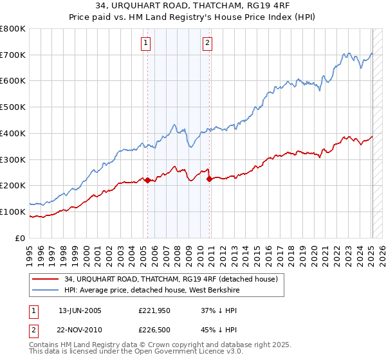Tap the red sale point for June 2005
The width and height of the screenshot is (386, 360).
[147, 180]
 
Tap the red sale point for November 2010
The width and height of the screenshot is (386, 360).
[210, 179]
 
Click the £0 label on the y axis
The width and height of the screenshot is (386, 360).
[21, 238]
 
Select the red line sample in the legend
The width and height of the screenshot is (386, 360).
[46, 279]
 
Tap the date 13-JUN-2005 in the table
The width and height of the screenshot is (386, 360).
[80, 311]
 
